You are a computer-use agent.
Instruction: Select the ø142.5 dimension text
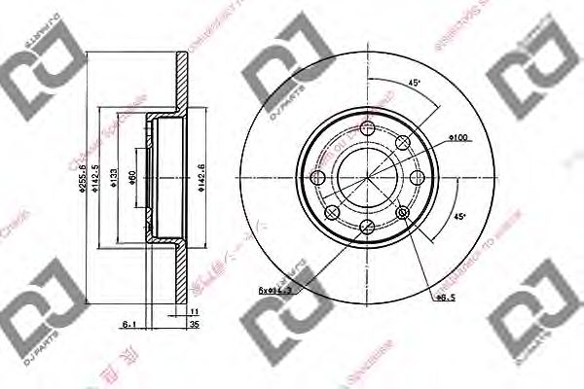[97, 185]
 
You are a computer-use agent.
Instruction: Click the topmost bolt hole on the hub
[367, 131]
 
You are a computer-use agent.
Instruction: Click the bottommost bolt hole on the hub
[367, 226]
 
